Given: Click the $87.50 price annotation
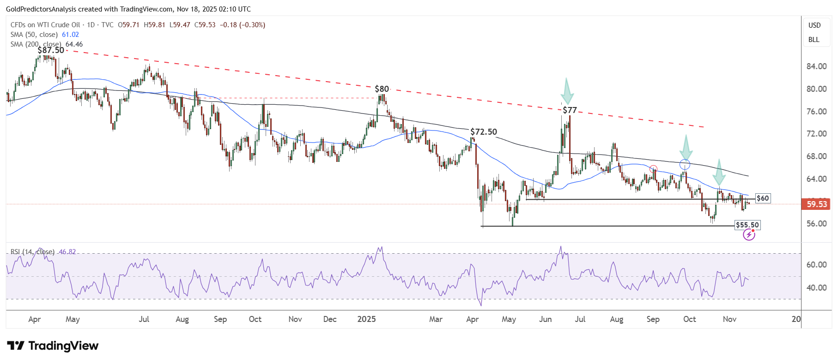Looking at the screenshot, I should point(51,50).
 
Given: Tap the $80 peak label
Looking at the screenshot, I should point(382,89).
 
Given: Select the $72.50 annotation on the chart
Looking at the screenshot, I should point(484,132).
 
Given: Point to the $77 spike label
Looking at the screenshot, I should point(570,110).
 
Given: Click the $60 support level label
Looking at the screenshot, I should point(763,198).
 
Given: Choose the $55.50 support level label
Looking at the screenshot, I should point(747,225).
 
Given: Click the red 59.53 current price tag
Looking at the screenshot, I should point(816,204).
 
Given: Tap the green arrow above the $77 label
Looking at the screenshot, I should point(567,91).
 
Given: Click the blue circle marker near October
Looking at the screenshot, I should point(685,165).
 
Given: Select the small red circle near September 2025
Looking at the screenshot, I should point(653,169).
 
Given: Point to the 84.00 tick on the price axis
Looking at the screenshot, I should point(816,66).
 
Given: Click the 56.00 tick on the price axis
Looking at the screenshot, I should point(816,224).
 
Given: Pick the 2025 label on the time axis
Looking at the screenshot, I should point(366,319).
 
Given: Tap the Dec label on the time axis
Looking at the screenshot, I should point(330,319).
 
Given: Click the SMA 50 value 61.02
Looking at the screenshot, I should point(70,35).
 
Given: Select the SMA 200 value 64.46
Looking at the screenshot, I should point(74,44).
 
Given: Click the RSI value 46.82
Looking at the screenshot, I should point(67,252).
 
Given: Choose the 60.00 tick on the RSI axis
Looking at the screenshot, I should point(816,265).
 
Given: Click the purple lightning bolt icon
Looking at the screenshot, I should point(749,235).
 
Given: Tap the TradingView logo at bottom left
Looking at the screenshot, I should point(53,346).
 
